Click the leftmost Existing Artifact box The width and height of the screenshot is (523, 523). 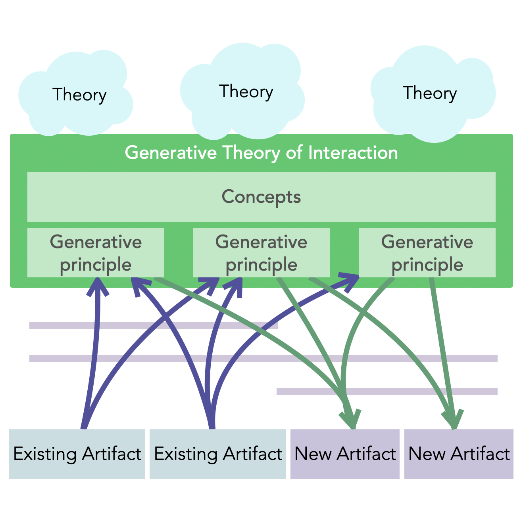(x=77, y=454)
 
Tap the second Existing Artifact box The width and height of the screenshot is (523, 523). (x=218, y=454)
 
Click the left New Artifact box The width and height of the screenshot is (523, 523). (x=345, y=454)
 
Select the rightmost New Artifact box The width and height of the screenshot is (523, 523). (x=459, y=454)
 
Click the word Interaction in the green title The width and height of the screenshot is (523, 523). (x=353, y=153)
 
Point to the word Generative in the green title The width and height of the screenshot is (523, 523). (x=171, y=153)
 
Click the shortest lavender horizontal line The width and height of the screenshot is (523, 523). (x=387, y=391)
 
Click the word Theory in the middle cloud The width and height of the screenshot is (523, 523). (x=246, y=92)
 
